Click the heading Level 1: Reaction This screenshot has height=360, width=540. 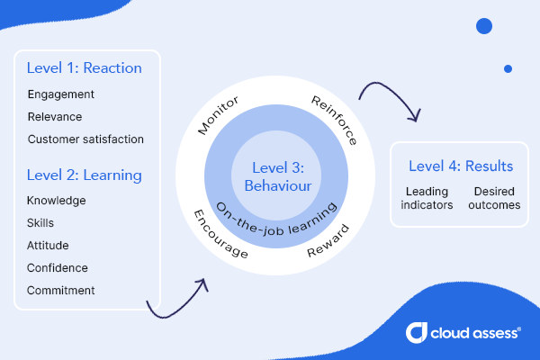[x=85, y=67]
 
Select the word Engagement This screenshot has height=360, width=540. [x=61, y=94]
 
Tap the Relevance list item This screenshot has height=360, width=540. [x=55, y=117]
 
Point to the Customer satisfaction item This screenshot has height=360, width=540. [x=85, y=139]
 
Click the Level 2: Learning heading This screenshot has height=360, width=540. [x=85, y=174]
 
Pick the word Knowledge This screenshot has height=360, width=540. [x=57, y=201]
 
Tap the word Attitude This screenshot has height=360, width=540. [x=49, y=246]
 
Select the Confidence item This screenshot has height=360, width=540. [x=58, y=268]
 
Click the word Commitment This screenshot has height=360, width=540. [x=61, y=291]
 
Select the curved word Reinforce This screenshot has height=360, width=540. [x=334, y=118]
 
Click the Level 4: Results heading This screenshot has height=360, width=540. [x=461, y=166]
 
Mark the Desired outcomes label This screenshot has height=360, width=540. [x=494, y=198]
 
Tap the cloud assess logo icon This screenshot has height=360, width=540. [x=418, y=333]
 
